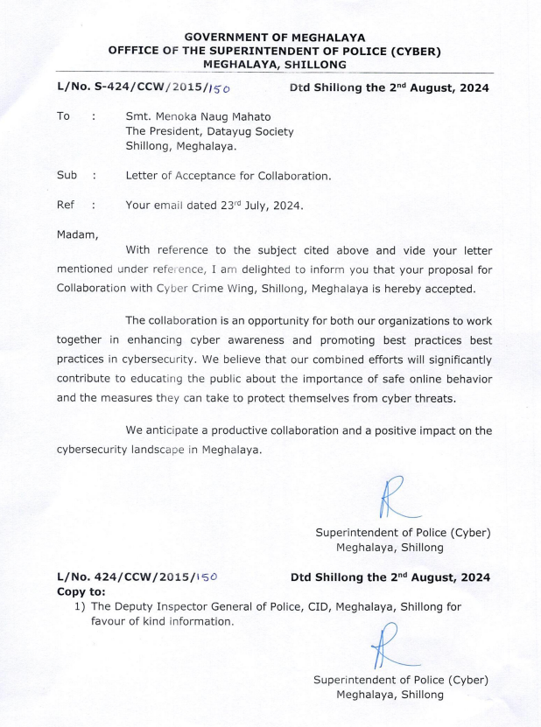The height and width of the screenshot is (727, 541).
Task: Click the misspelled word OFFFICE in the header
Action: (x=137, y=51)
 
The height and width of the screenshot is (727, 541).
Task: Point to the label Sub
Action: (x=68, y=176)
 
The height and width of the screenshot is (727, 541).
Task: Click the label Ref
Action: (x=67, y=206)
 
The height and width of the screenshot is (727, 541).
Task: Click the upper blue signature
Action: (x=385, y=497)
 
